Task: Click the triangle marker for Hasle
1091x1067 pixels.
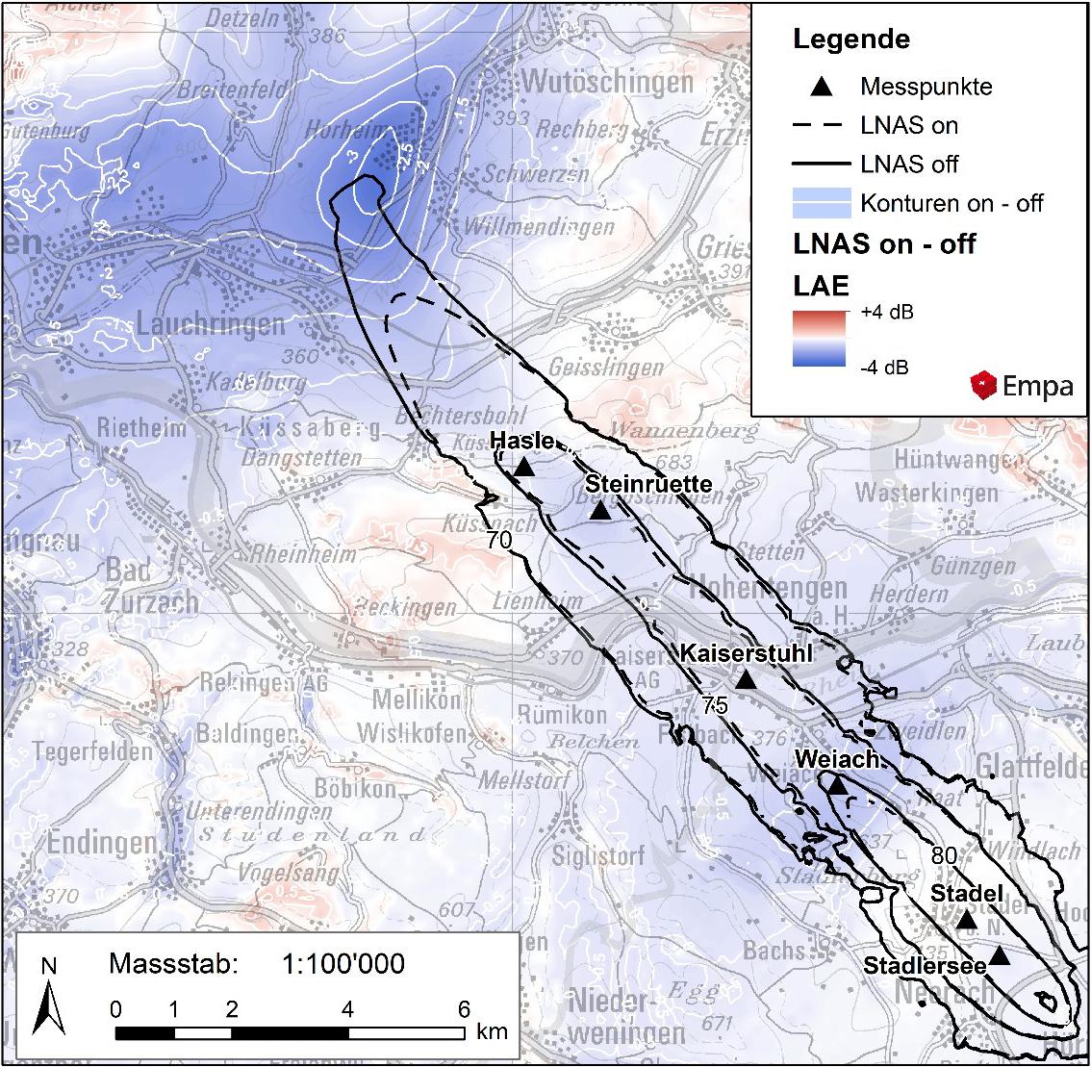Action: (523, 468)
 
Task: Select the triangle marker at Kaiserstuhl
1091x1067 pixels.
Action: (746, 679)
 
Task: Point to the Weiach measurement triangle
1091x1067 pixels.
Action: (838, 786)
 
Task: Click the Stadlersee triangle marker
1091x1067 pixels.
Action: (1000, 955)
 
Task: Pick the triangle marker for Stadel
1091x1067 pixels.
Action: (967, 921)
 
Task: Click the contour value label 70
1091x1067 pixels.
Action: (498, 542)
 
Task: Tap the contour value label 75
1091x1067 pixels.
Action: (715, 705)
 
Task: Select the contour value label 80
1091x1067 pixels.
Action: (944, 855)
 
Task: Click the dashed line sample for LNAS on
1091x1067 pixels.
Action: (821, 125)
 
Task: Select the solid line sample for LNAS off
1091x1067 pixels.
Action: (821, 164)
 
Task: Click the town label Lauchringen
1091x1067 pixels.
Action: (211, 323)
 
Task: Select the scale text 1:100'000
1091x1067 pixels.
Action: (343, 963)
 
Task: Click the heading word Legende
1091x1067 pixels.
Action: (850, 39)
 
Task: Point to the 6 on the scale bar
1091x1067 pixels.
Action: (464, 1009)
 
